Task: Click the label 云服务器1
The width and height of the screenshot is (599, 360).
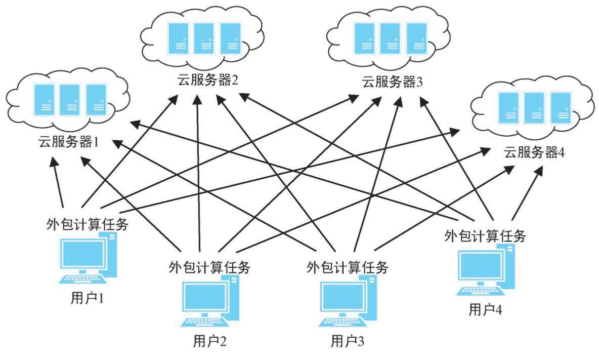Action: tap(68, 142)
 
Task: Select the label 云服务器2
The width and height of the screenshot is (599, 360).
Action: tap(207, 81)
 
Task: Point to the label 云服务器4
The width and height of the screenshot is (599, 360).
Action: tap(534, 152)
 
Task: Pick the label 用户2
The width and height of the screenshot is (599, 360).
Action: tap(209, 341)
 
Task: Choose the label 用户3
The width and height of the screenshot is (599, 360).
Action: tap(347, 341)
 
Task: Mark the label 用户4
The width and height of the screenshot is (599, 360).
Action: tap(485, 309)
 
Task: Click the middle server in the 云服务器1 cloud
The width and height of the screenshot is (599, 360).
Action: tap(69, 99)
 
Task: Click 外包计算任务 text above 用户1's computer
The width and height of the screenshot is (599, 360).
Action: tap(87, 224)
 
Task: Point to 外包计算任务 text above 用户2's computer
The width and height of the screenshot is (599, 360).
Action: tap(209, 266)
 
